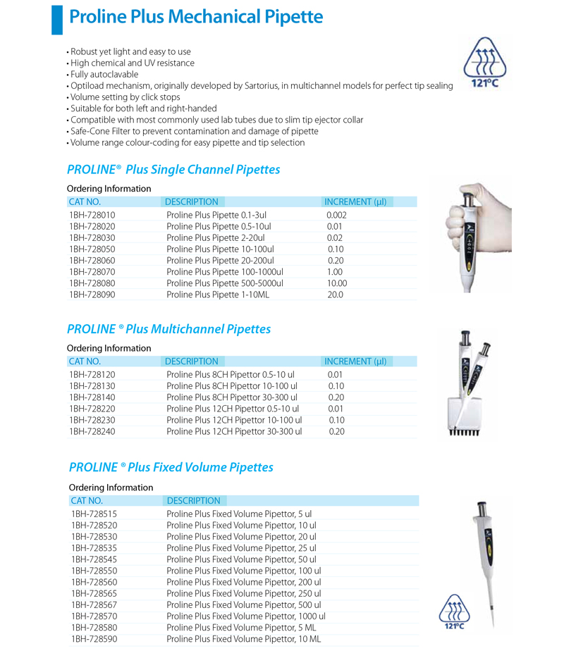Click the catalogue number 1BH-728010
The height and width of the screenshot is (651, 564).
(92, 215)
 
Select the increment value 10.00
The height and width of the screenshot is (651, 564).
(337, 283)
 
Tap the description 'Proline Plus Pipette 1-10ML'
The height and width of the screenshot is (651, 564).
(218, 294)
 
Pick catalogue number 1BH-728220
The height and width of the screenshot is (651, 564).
(92, 409)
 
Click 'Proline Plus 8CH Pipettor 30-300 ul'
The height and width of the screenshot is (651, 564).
(232, 397)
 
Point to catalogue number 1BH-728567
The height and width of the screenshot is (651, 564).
(94, 605)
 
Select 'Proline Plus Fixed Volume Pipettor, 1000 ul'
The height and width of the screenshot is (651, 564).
(246, 616)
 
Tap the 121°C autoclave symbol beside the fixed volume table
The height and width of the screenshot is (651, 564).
(455, 612)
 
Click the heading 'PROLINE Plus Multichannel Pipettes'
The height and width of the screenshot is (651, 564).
(168, 329)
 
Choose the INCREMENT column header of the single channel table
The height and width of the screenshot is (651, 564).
(355, 201)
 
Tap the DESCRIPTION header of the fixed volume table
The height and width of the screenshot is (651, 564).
(193, 501)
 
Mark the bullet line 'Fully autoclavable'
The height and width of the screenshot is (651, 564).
(104, 74)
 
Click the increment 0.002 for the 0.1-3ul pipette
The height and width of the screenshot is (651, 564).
(337, 215)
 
